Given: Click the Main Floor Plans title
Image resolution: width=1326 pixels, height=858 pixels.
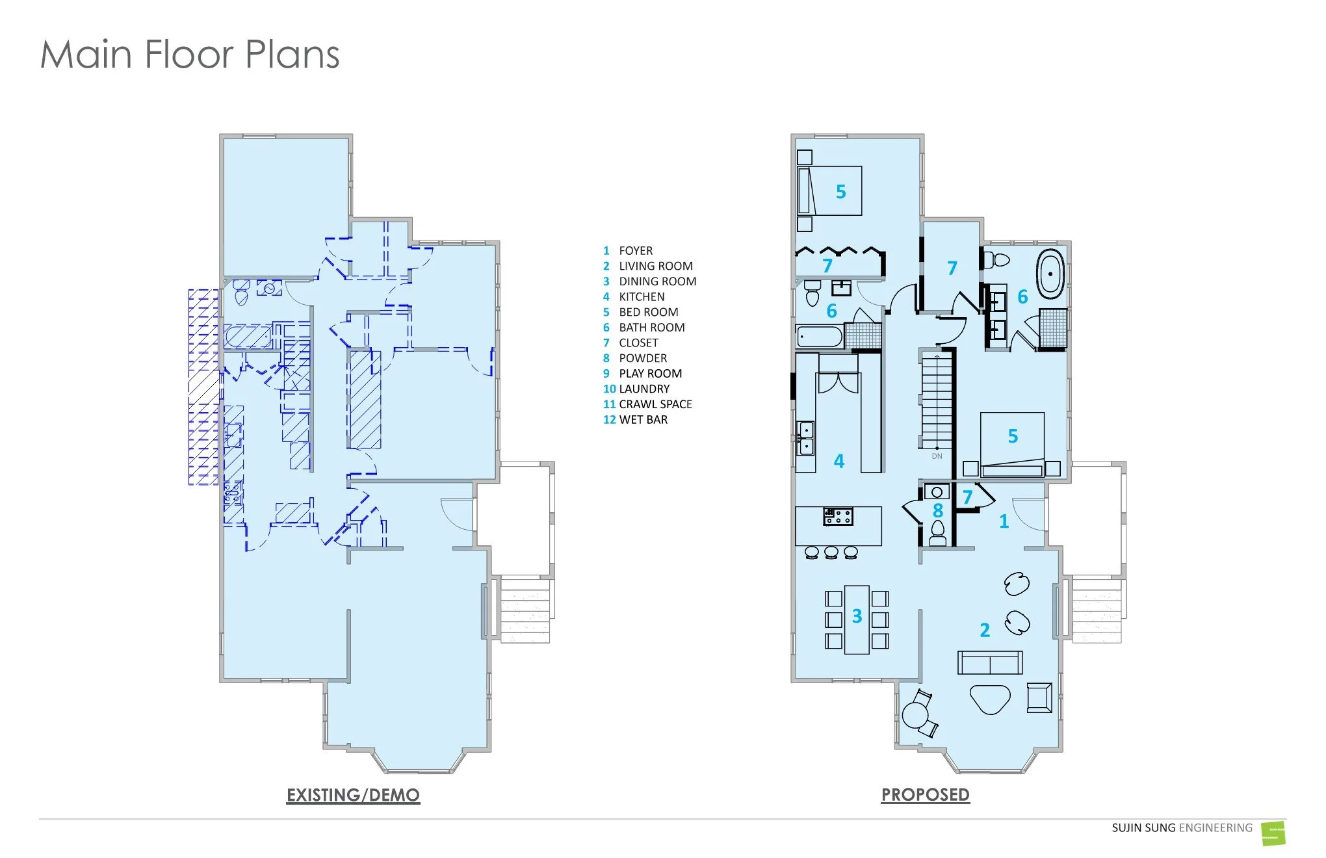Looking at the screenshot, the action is coord(190,54).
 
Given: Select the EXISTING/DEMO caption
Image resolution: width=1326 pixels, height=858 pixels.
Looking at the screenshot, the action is coord(353,795).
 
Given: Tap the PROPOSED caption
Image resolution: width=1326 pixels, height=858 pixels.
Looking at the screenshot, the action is coord(925,794).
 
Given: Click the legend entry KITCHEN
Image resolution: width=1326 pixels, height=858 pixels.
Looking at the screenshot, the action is coord(642,296).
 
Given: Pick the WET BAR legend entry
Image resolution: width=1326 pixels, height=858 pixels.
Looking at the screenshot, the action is coord(643,419).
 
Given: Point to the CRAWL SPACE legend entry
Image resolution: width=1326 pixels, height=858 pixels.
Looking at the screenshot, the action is coord(655,404).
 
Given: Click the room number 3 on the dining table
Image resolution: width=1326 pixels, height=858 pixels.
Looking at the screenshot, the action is coord(857,616).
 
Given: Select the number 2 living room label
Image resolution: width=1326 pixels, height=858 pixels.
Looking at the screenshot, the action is coord(985,630).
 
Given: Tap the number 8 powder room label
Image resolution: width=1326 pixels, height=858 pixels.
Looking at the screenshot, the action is coord(937,511).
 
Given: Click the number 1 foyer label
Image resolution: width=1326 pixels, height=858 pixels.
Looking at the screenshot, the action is coord(1004,521).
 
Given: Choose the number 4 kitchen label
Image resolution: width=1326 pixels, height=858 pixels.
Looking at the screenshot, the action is coord(839,461).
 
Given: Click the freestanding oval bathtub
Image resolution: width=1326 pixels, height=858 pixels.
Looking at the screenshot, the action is coord(1050,274).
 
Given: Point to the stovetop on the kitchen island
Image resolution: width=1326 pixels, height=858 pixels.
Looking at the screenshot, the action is coord(838,517).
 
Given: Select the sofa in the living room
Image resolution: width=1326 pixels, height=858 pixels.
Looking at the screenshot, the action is coord(990,662).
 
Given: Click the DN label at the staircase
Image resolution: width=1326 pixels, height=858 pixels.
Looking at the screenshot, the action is coord(937,456).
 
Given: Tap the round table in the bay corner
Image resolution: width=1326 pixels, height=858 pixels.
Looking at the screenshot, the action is coord(916,715).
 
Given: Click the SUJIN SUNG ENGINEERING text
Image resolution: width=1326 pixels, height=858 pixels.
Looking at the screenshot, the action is coord(1182,827).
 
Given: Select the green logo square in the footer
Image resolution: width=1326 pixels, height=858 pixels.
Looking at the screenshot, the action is coord(1273,833).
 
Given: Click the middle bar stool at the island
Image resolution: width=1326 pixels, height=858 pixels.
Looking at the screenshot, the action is coord(831,552).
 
